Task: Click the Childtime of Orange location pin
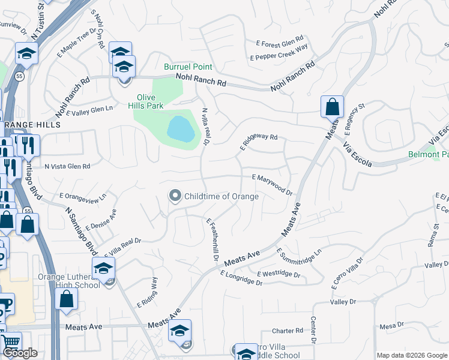pyautogui.click(x=175, y=196)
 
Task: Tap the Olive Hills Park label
pyautogui.click(x=150, y=102)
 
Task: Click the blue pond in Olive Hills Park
pyautogui.click(x=181, y=128)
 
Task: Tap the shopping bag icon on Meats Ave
pyautogui.click(x=332, y=107)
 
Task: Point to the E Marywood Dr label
pyautogui.click(x=272, y=185)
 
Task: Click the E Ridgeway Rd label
pyautogui.click(x=259, y=141)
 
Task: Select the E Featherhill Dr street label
pyautogui.click(x=211, y=239)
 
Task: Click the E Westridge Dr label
pyautogui.click(x=278, y=274)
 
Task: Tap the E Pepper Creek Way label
pyautogui.click(x=279, y=52)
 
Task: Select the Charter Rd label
pyautogui.click(x=287, y=331)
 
